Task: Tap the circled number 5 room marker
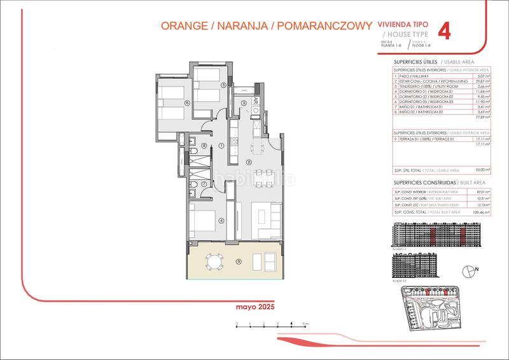point(223,85)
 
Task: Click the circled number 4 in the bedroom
point(221,221)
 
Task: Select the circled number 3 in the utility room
point(244,104)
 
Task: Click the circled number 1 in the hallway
point(221,146)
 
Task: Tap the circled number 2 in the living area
point(250,162)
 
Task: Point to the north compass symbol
point(470,270)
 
